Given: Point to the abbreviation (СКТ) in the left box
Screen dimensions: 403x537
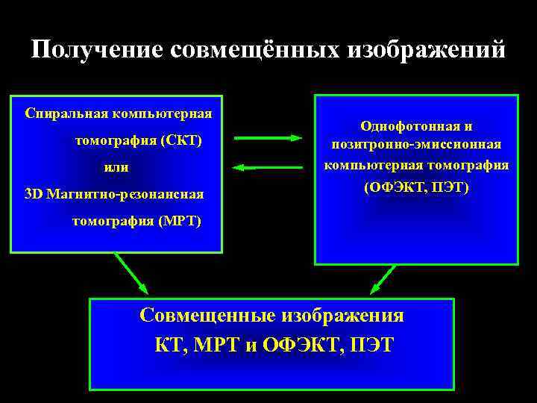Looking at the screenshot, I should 180,140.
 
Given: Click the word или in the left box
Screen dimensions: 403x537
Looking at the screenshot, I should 116,167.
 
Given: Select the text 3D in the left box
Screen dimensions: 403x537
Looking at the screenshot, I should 34,194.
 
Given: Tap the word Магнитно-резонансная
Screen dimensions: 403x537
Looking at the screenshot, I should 125,194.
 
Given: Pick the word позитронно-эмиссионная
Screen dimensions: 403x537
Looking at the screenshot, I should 416,145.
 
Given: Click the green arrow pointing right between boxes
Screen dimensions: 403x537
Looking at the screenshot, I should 268,137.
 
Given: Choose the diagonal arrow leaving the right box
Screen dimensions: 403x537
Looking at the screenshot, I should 383,279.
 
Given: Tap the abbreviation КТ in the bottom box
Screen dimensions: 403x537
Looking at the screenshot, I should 168,346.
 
